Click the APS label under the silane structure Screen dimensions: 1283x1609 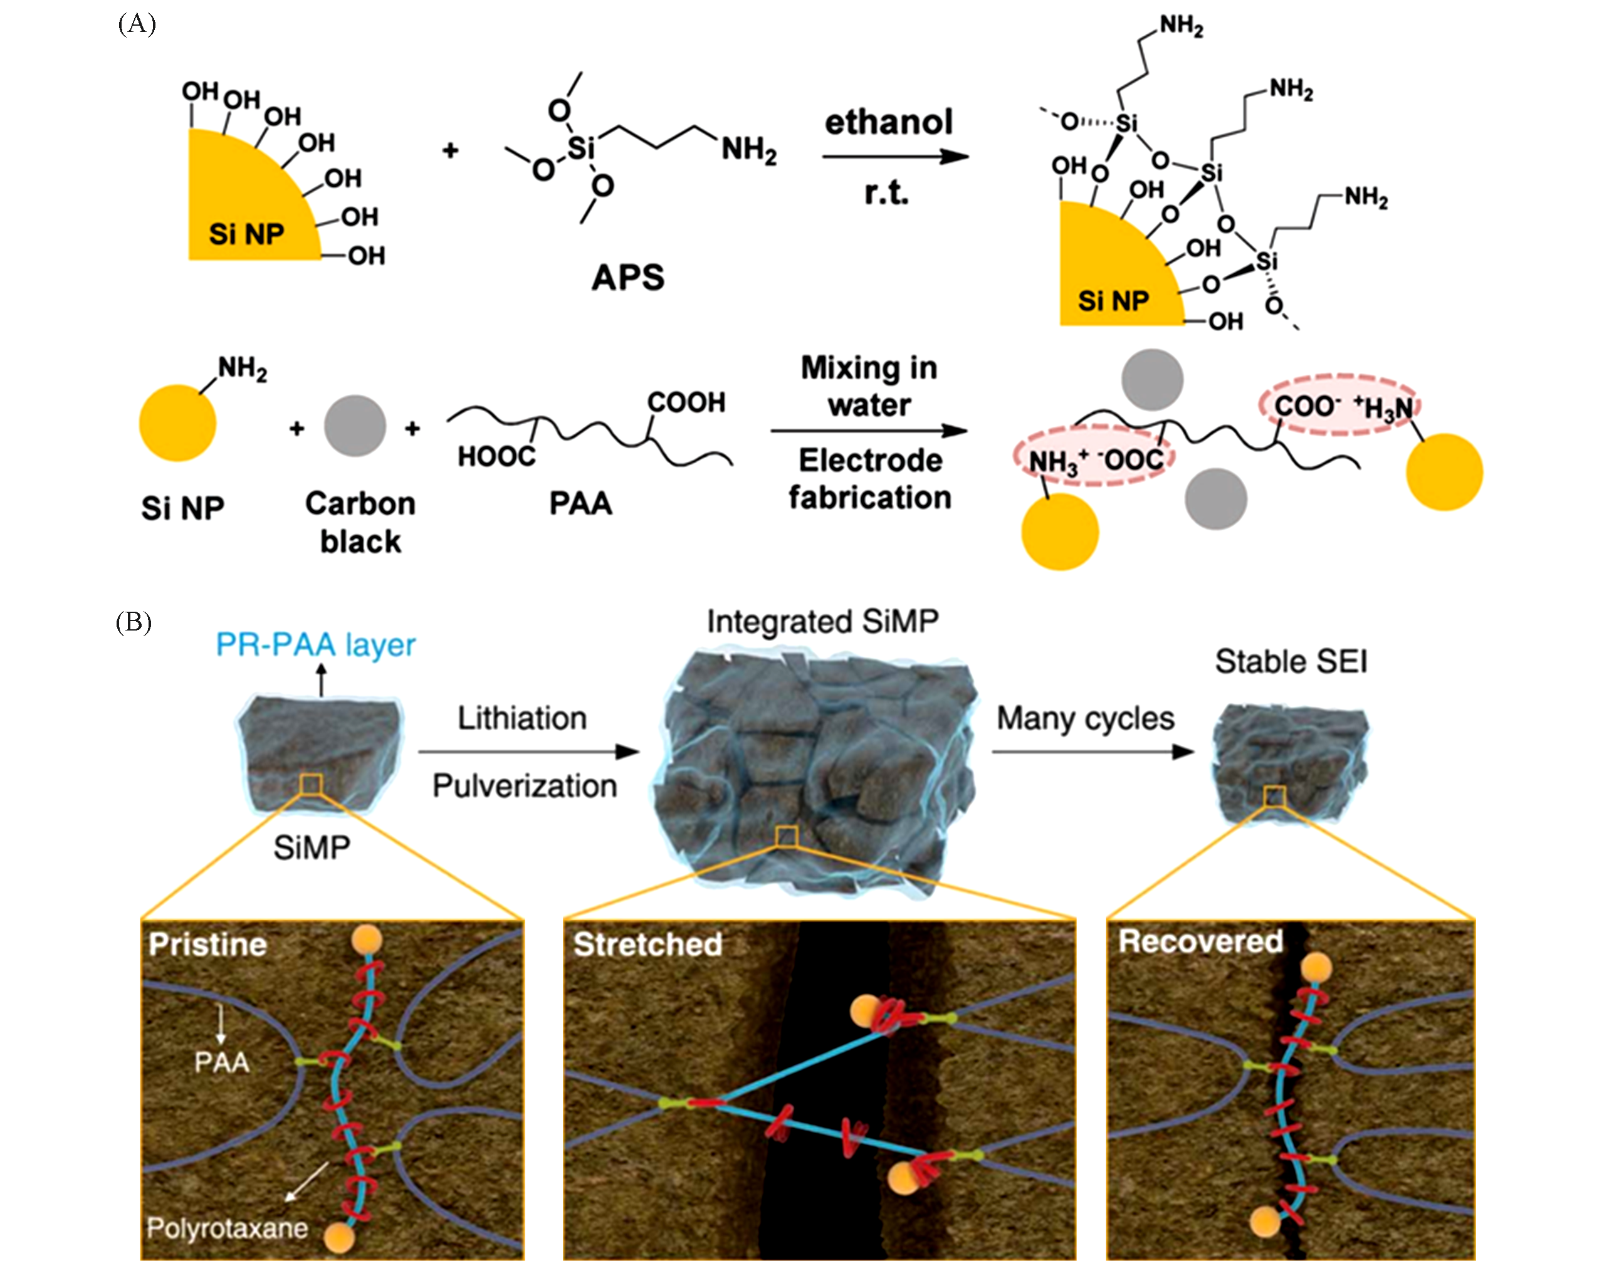627,278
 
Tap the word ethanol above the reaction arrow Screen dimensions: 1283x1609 888,122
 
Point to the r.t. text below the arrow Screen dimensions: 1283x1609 886,193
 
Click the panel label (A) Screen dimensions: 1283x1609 137,24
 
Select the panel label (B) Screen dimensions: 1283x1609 134,622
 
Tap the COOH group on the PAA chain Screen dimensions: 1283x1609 686,402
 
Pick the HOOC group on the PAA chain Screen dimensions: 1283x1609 496,456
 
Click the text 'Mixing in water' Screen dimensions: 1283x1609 869,386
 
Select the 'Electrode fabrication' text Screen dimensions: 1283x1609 870,478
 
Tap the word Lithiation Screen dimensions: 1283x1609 521,718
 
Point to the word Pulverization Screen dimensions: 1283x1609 525,786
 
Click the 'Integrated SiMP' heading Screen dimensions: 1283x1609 822,621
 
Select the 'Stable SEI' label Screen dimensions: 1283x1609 1291,661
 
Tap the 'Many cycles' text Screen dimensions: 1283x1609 1085,718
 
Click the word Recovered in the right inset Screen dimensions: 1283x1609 1200,941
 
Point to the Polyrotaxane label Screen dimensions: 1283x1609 227,1228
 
